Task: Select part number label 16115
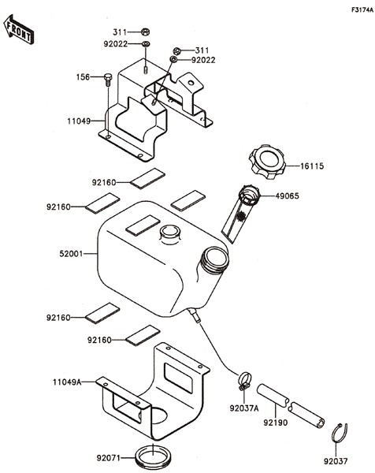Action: (312, 166)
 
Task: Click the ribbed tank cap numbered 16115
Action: (267, 162)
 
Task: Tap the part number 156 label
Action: (82, 76)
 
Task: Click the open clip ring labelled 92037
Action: (339, 431)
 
